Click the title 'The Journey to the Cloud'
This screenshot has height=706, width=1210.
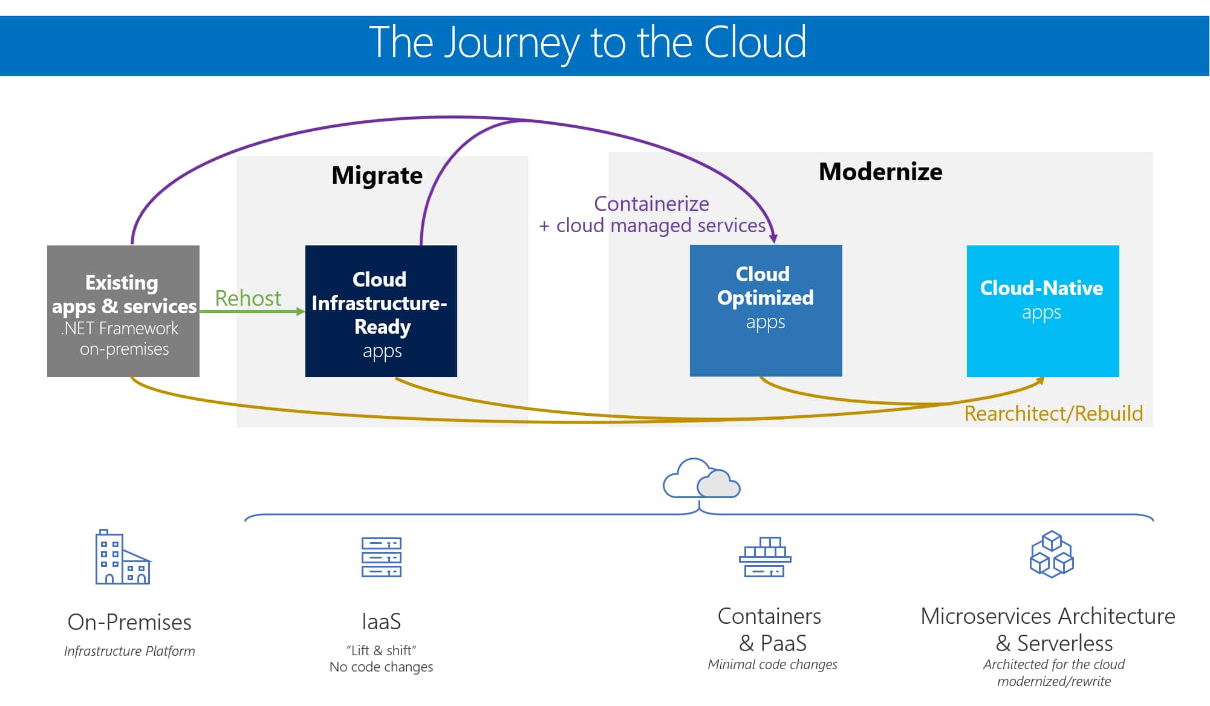587,42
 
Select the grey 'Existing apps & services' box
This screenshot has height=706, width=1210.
123,311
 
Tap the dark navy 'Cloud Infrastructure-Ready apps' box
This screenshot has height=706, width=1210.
381,311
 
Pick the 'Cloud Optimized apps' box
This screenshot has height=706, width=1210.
766,311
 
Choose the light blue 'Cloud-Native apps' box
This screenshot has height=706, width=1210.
1042,311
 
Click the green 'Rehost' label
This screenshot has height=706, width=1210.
248,299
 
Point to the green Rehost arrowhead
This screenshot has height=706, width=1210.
301,311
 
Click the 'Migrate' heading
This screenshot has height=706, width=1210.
377,175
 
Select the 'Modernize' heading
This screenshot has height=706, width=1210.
880,172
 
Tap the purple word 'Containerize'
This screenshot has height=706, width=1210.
651,204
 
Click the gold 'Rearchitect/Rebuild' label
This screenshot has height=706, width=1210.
1053,413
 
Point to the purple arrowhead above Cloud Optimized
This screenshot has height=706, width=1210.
773,239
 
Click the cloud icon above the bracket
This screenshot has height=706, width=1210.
701,479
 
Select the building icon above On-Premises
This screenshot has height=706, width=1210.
123,557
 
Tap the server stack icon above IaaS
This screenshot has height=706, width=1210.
382,557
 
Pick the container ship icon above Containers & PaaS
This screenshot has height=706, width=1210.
765,557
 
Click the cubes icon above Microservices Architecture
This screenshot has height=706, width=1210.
1052,554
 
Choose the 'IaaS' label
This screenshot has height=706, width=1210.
381,621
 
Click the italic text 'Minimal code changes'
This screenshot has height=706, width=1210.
772,664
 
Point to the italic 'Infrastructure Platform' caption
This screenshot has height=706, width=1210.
129,651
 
